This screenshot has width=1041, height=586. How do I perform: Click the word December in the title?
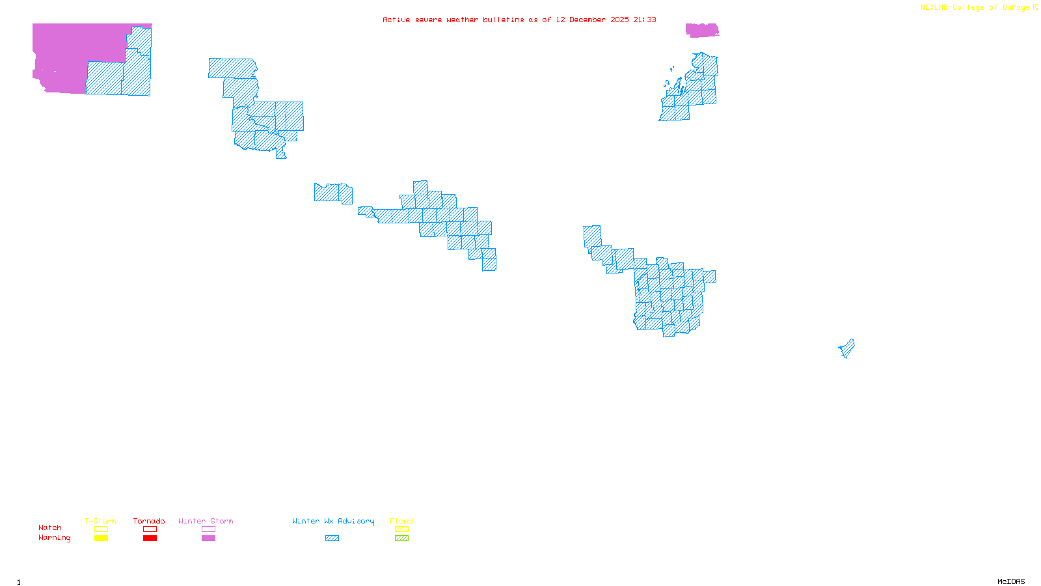(x=588, y=20)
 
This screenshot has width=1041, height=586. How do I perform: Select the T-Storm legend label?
(x=100, y=521)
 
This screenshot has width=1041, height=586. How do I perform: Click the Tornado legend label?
(x=149, y=521)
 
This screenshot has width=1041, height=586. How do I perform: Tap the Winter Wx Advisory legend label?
(x=333, y=521)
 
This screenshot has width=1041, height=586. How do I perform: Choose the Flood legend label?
(x=401, y=521)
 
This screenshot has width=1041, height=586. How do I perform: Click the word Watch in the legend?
(x=50, y=527)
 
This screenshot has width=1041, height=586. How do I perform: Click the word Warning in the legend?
(x=54, y=538)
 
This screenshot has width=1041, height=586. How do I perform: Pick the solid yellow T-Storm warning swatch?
(x=101, y=538)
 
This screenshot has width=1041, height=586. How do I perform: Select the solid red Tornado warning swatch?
(x=150, y=538)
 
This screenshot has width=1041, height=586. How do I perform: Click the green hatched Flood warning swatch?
(x=401, y=538)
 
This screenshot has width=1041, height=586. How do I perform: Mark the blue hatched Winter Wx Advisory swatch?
(x=332, y=538)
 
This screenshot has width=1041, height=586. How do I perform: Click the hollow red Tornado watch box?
(x=150, y=529)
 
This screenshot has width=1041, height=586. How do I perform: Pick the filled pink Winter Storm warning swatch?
(x=208, y=538)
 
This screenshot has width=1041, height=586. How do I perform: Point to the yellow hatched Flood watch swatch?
(x=401, y=529)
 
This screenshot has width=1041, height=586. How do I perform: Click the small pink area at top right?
(x=701, y=30)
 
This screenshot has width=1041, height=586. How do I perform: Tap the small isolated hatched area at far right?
(x=847, y=348)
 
